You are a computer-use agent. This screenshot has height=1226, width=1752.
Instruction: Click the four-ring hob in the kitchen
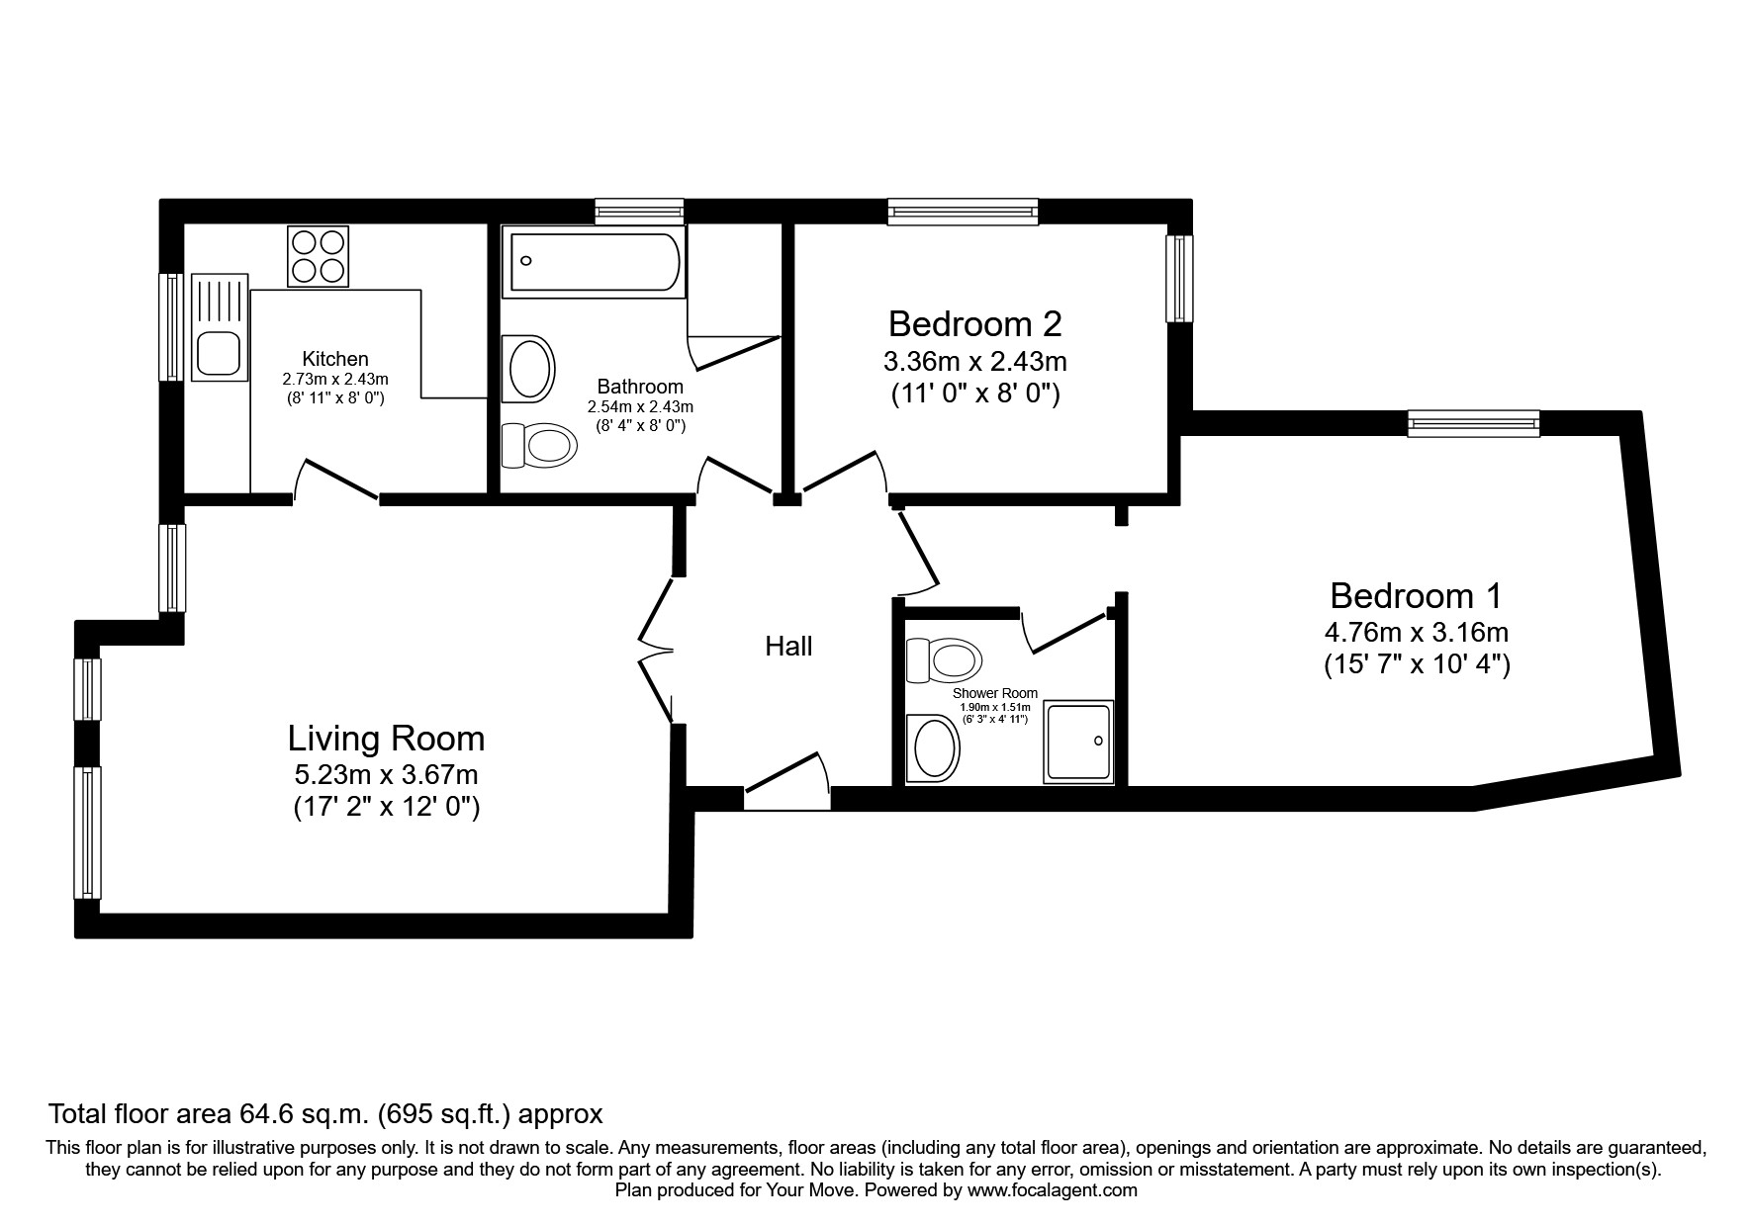pyautogui.click(x=319, y=257)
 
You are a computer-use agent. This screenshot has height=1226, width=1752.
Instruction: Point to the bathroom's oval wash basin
pyautogui.click(x=529, y=369)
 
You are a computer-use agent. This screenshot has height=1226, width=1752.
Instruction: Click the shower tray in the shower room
pyautogui.click(x=1078, y=742)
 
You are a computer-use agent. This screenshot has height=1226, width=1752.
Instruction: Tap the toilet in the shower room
pyautogui.click(x=944, y=659)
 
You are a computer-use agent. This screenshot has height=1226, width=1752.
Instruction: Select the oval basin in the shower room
pyautogui.click(x=933, y=748)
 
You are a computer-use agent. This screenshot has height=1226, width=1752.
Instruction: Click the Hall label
pyautogui.click(x=788, y=647)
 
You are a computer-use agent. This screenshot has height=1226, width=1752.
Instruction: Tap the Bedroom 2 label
pyautogui.click(x=974, y=324)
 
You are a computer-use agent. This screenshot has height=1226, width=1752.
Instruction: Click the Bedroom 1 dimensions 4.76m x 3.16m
pyautogui.click(x=1416, y=631)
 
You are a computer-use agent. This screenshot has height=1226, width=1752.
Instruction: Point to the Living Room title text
pyautogui.click(x=386, y=739)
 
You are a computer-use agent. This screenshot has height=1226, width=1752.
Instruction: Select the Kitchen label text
pyautogui.click(x=334, y=359)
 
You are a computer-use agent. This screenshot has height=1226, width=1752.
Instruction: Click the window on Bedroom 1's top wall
pyautogui.click(x=1474, y=423)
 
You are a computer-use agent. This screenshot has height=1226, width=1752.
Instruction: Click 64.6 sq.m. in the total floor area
pyautogui.click(x=306, y=1114)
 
